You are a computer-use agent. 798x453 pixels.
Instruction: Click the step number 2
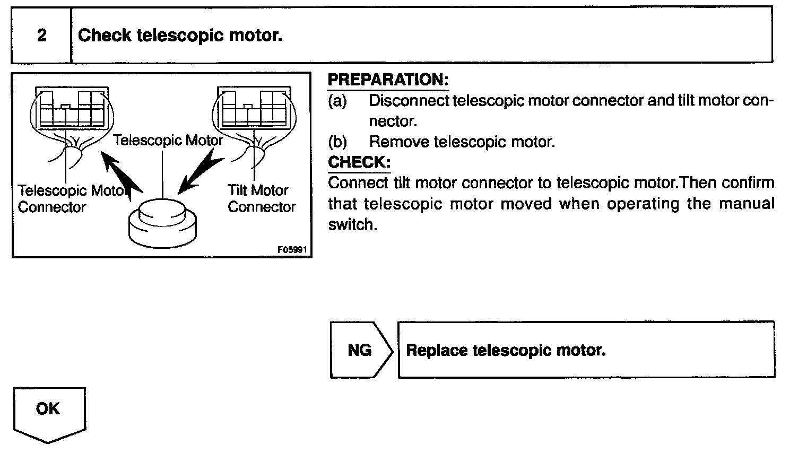click(41, 36)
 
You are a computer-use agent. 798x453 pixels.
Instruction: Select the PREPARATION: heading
click(388, 80)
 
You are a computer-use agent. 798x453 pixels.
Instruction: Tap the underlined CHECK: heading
click(359, 162)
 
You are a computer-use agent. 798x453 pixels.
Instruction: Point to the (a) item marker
click(337, 101)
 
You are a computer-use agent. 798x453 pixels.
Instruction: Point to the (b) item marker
click(337, 142)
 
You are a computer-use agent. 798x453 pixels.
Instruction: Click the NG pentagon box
click(360, 350)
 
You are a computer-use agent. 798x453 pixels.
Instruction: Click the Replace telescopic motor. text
click(506, 350)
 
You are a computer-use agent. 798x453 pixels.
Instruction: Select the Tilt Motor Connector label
click(261, 198)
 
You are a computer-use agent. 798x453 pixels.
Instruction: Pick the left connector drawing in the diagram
click(71, 109)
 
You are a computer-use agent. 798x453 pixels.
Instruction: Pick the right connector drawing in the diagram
click(253, 109)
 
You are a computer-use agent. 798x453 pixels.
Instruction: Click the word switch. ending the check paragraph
click(352, 225)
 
